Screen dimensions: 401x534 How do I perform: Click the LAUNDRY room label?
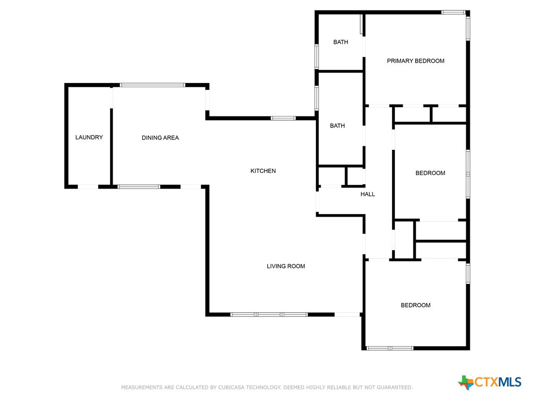click(x=89, y=137)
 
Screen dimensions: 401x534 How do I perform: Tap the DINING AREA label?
click(x=160, y=138)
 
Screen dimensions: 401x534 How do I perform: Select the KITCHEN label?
click(x=263, y=171)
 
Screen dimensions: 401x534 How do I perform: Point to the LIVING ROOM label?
click(x=286, y=266)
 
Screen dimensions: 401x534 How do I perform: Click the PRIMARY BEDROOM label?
click(x=416, y=61)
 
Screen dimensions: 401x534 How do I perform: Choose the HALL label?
click(x=368, y=194)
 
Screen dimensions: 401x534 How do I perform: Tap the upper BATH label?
click(x=341, y=42)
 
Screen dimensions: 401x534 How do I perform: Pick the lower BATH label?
click(x=337, y=126)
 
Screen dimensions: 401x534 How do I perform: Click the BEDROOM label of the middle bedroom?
click(x=430, y=173)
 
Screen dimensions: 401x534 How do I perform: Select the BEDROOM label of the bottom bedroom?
click(x=416, y=305)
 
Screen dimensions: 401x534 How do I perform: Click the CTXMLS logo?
click(x=490, y=382)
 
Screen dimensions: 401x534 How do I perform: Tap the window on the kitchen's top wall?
click(x=283, y=118)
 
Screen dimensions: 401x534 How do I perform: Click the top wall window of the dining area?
click(x=152, y=85)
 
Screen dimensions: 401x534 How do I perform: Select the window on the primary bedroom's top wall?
click(x=453, y=12)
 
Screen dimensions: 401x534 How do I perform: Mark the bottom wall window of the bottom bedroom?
click(x=390, y=348)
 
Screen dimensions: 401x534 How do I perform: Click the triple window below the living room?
click(x=269, y=314)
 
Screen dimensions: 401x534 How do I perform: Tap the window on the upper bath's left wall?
click(x=317, y=56)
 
